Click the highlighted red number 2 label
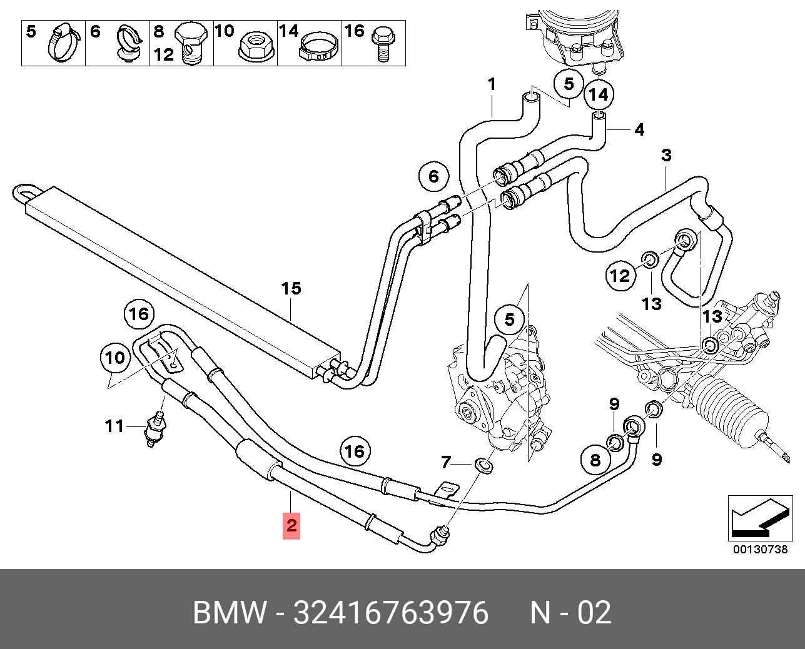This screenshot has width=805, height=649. [x=291, y=525]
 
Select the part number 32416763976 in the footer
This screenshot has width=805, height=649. [x=390, y=613]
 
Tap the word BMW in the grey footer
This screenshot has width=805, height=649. [x=230, y=613]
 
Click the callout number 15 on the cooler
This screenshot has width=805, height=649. [x=291, y=288]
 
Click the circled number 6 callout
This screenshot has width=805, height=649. [x=433, y=176]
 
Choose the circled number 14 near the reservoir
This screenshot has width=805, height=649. [x=599, y=95]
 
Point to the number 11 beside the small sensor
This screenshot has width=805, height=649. [x=114, y=426]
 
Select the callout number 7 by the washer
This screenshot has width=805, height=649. [x=445, y=463]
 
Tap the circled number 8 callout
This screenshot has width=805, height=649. [x=595, y=460]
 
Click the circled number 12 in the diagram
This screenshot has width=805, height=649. [x=620, y=275]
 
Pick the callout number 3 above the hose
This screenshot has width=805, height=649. [x=666, y=155]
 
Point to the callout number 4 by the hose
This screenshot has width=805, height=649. [x=639, y=130]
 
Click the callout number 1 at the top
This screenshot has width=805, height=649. [x=492, y=84]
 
